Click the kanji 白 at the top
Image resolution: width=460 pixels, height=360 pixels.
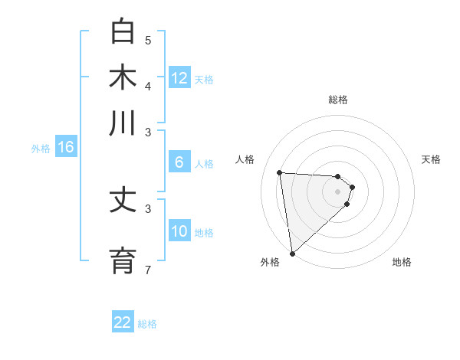tap(123, 31)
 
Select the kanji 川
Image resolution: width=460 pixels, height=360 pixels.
tap(123, 123)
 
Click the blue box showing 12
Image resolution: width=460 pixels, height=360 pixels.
tap(179, 77)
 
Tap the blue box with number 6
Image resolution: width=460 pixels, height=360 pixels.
tap(179, 162)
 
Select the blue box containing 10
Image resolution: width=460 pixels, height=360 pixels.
tap(179, 231)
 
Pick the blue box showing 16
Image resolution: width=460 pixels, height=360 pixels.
tap(66, 148)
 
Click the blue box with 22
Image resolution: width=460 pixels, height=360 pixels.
tap(123, 322)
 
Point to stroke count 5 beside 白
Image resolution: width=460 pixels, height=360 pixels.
tap(148, 40)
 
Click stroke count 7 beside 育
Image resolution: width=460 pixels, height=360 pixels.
tap(148, 269)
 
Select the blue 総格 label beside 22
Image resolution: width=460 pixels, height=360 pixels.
tap(147, 324)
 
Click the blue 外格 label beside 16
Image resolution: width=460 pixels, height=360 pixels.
tap(40, 149)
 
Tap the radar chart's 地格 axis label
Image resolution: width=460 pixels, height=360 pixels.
tap(402, 262)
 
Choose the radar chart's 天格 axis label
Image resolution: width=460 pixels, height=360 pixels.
tap(431, 159)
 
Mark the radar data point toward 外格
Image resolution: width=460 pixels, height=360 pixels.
tap(292, 253)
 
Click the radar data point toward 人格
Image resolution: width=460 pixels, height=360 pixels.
tap(280, 173)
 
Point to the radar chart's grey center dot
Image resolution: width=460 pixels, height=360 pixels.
tap(337, 191)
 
